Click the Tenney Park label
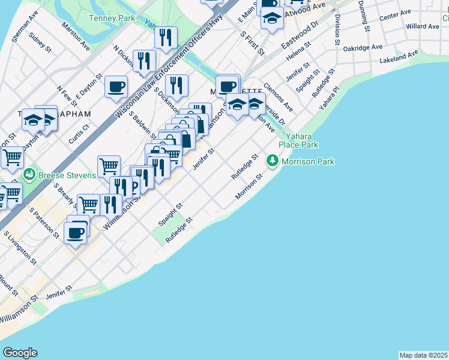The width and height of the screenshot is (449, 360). click(x=112, y=19)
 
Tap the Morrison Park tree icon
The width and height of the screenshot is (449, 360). click(x=273, y=161)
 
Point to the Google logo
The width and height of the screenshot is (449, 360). click(x=20, y=353)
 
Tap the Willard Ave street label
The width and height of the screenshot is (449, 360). click(x=423, y=26)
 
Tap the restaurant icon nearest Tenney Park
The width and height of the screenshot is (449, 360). click(x=166, y=37)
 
